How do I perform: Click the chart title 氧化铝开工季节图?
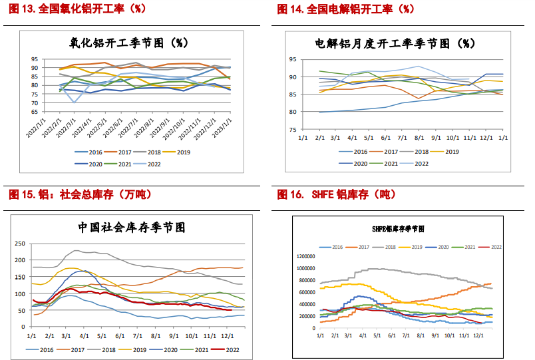[x=127, y=42]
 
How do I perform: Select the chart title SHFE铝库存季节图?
[x=398, y=228]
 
